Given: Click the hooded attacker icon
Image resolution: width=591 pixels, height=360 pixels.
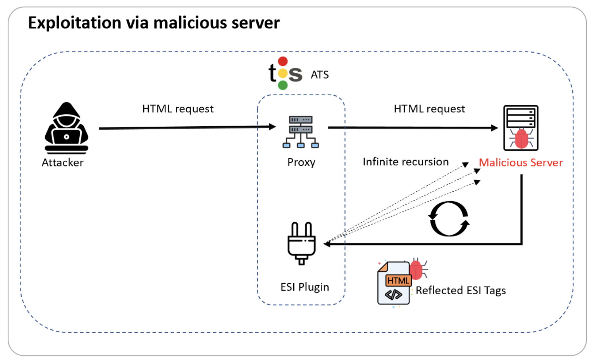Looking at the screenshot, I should pyautogui.click(x=66, y=128).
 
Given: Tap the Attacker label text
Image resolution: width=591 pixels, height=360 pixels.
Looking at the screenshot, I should pyautogui.click(x=62, y=162).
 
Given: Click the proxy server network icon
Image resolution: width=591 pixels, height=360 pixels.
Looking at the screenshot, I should pyautogui.click(x=301, y=131).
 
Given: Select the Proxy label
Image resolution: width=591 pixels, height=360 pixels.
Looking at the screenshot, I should pyautogui.click(x=301, y=162).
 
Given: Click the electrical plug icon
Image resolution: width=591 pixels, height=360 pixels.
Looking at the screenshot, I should pyautogui.click(x=301, y=243).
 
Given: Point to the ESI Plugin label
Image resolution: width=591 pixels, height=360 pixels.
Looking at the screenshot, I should pyautogui.click(x=305, y=287).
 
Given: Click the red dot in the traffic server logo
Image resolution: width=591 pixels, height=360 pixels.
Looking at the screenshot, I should pyautogui.click(x=283, y=61).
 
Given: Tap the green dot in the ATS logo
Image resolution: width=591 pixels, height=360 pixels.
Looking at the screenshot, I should pyautogui.click(x=283, y=85).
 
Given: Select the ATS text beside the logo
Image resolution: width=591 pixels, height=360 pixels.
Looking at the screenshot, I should pyautogui.click(x=320, y=75).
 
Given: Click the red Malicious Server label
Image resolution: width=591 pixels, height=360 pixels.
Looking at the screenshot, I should pyautogui.click(x=521, y=162).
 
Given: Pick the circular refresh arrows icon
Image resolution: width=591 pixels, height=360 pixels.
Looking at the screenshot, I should pyautogui.click(x=449, y=219).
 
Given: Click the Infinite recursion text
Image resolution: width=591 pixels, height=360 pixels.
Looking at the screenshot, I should pyautogui.click(x=405, y=162).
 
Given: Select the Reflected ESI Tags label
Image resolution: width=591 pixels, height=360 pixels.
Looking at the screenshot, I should pyautogui.click(x=461, y=291).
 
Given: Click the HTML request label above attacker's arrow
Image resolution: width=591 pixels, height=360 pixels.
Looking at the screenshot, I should pyautogui.click(x=178, y=109).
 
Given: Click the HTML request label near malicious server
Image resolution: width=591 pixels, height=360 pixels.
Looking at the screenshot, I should pyautogui.click(x=429, y=109).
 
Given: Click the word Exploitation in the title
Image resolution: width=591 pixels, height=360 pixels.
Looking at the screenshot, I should pyautogui.click(x=75, y=23).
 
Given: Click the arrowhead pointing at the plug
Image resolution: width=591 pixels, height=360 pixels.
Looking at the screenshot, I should pyautogui.click(x=327, y=244).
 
